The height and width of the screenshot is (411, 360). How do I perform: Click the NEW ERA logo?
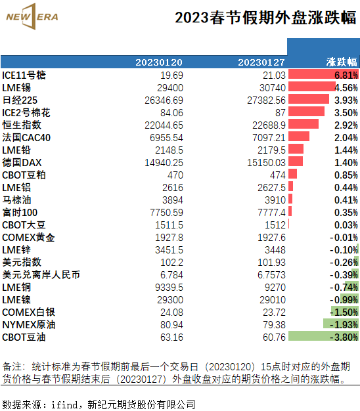coord(32,16)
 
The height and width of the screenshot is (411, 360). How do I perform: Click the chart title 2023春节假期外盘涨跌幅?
coord(265,18)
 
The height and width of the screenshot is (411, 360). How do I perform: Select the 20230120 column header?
coord(159,62)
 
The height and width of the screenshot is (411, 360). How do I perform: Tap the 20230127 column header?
coord(261,62)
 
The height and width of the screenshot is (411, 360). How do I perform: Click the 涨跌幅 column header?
coord(342,62)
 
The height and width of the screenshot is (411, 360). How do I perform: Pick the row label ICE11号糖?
coord(24,76)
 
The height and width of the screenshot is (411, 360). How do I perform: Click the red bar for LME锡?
coord(312,87)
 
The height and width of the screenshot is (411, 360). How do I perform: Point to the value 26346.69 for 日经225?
coord(164,100)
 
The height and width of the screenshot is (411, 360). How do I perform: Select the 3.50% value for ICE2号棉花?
coord(346,113)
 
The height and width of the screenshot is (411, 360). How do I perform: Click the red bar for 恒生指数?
coord(304,124)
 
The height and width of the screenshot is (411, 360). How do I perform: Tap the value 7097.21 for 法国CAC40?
coord(269,138)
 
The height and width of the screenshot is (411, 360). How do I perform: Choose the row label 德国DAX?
coord(22,163)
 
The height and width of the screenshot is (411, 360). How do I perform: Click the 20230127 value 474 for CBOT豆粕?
coord(278,175)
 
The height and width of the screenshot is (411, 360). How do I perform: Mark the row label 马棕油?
coord(17,200)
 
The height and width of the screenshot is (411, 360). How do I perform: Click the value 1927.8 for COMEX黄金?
coord(169,238)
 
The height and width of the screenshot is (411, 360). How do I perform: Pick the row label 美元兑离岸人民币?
coord(41,275)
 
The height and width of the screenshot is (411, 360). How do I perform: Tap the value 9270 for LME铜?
coord(275,288)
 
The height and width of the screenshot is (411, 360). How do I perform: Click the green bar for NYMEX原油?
coord(341,324)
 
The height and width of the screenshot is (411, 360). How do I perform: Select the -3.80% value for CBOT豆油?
coord(344,337)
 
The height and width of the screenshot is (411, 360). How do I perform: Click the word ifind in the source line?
coord(64,404)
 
